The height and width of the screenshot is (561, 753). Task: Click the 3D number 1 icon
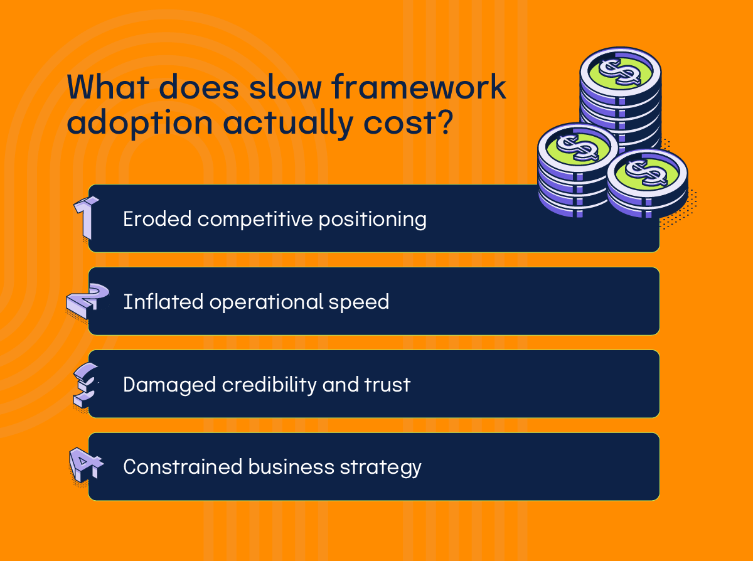click(86, 217)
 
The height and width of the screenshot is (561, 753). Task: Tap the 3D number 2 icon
click(85, 302)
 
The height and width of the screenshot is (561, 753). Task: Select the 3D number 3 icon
click(85, 384)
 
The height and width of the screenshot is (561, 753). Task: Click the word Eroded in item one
click(158, 219)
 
